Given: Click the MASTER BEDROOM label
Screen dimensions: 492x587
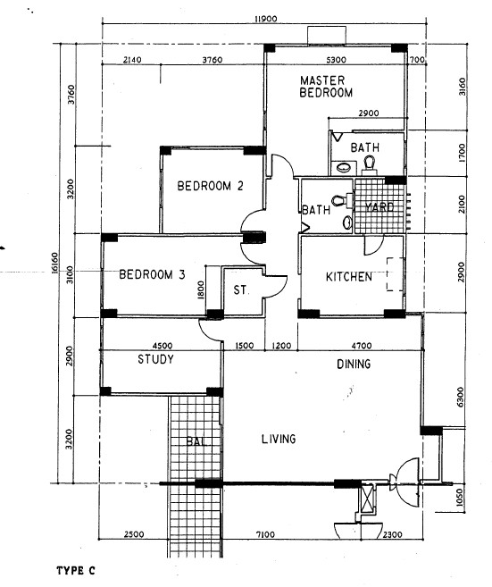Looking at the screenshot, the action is point(326,87).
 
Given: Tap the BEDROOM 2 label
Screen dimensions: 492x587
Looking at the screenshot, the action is point(210,186).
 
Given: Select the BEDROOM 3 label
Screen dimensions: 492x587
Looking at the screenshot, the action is point(152,274).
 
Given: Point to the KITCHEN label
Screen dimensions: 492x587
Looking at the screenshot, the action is point(349,277).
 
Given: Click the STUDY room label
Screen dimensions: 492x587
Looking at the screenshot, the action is point(155,359).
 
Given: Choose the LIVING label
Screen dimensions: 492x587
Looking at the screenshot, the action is point(279,439).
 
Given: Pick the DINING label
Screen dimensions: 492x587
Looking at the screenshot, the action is point(354,364).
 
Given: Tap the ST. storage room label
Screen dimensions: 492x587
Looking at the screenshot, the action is point(240,289).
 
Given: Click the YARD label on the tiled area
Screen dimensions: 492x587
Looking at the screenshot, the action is point(379,207).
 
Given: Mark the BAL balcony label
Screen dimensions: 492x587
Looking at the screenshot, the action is point(196,441).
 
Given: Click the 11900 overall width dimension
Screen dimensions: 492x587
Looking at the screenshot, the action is point(265,19).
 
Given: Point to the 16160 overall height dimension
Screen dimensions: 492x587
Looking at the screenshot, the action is point(55,264).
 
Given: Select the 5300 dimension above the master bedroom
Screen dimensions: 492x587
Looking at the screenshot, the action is point(336,60).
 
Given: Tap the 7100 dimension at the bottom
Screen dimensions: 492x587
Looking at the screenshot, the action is point(265,534).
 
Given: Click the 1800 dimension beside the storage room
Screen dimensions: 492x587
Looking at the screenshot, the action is point(201,290).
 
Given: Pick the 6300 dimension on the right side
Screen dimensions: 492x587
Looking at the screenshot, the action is point(460,398).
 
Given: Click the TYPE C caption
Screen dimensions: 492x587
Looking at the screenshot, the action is point(76,571).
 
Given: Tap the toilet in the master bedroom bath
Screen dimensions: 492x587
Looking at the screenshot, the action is point(369,165).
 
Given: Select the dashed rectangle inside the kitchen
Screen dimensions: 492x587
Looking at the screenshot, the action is point(395,274).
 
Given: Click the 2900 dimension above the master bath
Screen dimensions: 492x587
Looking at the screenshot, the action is point(369,113).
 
